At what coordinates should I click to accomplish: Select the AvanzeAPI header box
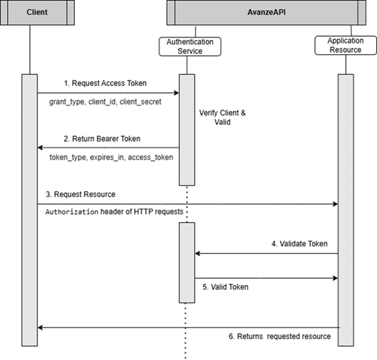tap(266, 12)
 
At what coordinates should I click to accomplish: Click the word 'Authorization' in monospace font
tap(71, 212)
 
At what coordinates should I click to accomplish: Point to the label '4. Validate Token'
tap(300, 243)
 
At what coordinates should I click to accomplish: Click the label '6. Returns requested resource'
tap(279, 336)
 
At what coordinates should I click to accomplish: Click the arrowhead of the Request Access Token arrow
tap(177, 92)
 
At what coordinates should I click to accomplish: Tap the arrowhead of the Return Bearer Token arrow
tap(40, 148)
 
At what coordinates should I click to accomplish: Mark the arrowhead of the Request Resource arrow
tap(335, 204)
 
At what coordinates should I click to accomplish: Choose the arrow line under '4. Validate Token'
tap(266, 253)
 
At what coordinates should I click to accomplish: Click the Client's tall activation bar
tap(30, 208)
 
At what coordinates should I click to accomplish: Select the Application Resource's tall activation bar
tap(344, 208)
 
